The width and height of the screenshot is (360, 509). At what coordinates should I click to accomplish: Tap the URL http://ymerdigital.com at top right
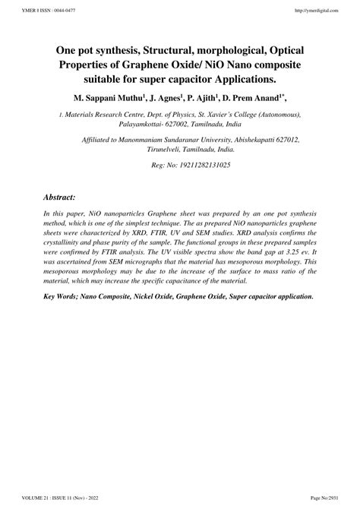[x=317, y=10]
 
